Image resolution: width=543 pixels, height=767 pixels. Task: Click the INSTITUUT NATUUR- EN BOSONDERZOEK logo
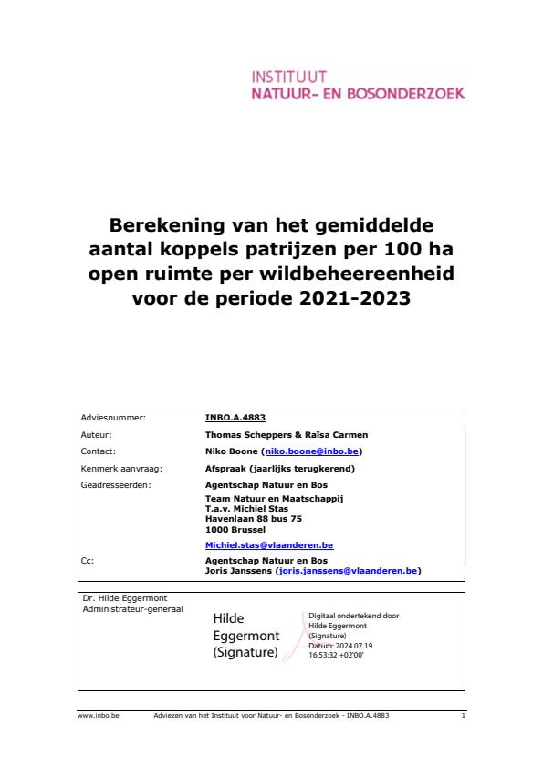(x=358, y=85)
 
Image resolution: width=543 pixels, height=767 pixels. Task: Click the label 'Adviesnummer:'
(x=113, y=418)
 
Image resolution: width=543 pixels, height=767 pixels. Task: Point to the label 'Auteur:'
(x=97, y=435)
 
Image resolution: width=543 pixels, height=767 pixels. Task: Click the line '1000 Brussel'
(x=235, y=528)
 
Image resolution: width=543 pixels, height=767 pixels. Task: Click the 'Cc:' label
(x=88, y=561)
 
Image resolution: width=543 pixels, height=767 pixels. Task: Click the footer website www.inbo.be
(x=99, y=716)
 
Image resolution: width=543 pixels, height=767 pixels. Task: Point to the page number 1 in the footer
(x=464, y=716)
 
